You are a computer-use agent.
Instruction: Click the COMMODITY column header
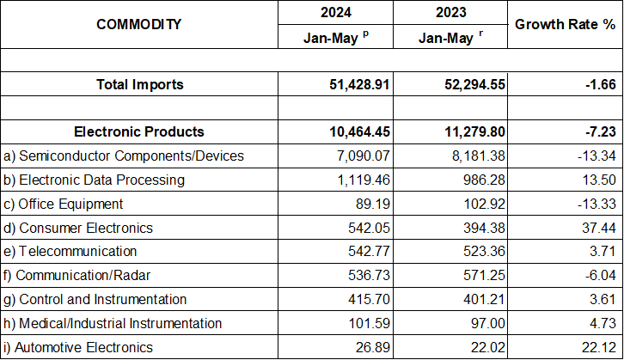point(138,24)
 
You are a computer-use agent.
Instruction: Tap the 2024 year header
point(335,13)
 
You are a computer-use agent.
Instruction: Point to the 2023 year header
point(450,13)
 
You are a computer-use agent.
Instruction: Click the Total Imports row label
point(139,84)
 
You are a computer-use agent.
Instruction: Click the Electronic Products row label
point(139,131)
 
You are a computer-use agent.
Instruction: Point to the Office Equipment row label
point(64,204)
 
